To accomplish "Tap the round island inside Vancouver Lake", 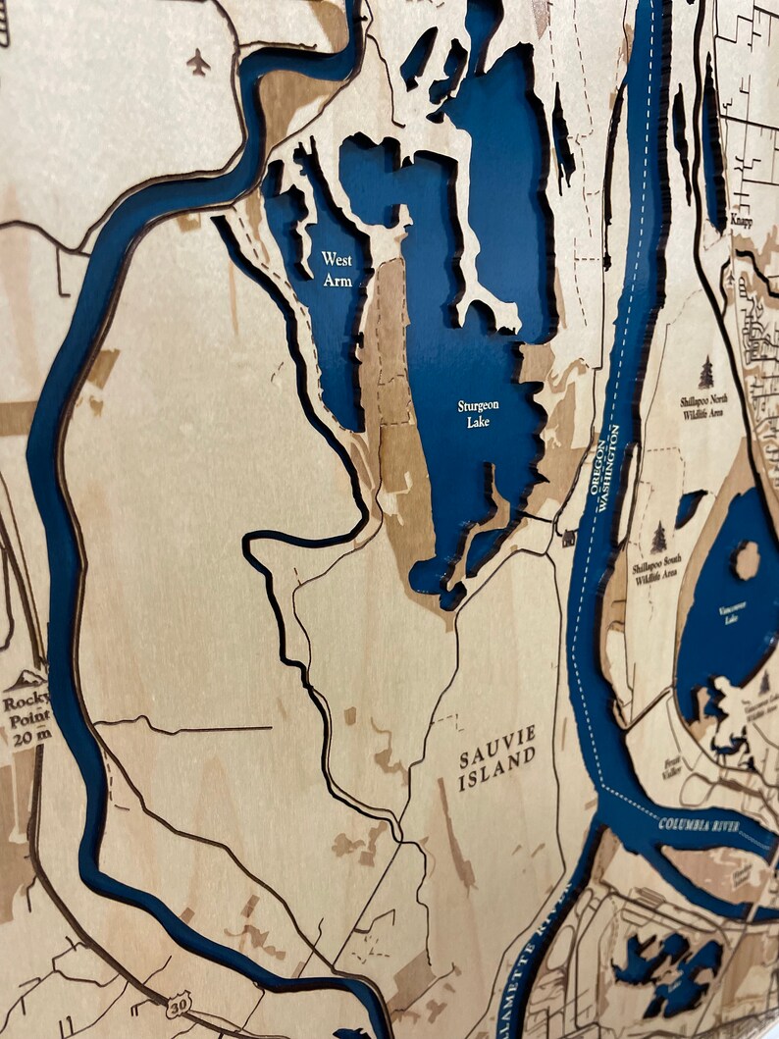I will pyautogui.click(x=747, y=560).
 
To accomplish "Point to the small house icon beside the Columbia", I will pyautogui.click(x=568, y=538).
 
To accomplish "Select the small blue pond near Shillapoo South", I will pyautogui.click(x=689, y=506).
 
